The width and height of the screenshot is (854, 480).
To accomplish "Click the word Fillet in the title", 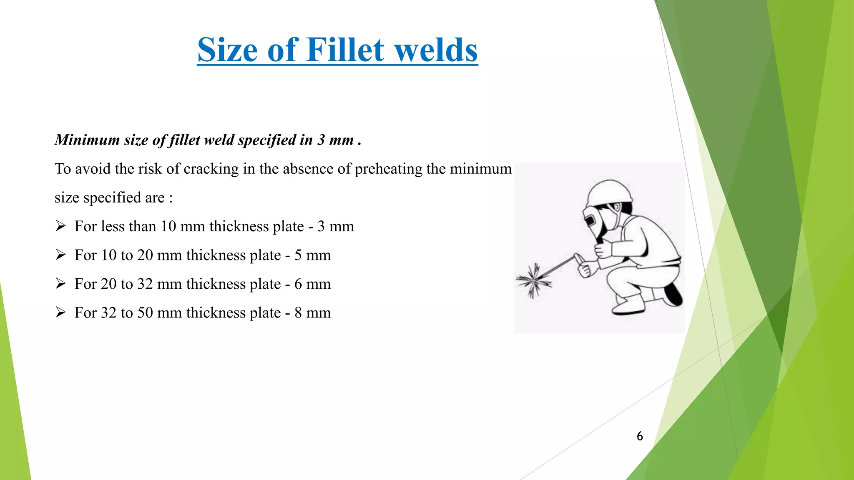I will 345,50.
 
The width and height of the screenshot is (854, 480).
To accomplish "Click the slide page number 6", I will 640,436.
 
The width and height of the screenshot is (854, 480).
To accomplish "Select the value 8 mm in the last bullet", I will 312,312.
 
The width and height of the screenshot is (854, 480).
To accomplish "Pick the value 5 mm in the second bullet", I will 312,255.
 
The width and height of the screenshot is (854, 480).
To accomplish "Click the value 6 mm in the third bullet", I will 312,284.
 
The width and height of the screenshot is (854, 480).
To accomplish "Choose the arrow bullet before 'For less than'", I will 61,226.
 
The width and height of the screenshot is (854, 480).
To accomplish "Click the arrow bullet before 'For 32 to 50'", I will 61,312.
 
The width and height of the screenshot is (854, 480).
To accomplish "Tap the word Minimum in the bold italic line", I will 88,140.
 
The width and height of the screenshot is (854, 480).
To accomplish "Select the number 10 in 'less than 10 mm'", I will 168,226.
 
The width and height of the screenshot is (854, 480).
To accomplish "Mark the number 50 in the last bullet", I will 145,312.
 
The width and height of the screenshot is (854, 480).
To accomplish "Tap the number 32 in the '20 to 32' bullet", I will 145,284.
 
